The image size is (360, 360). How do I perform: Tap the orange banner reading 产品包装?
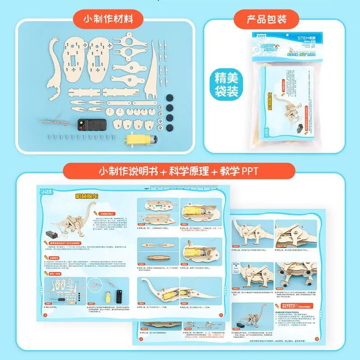266,19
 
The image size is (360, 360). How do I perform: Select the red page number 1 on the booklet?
45,315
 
